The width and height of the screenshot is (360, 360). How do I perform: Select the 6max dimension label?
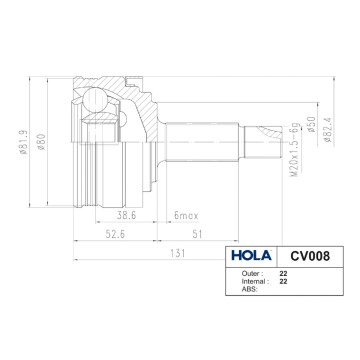click(x=187, y=215)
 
